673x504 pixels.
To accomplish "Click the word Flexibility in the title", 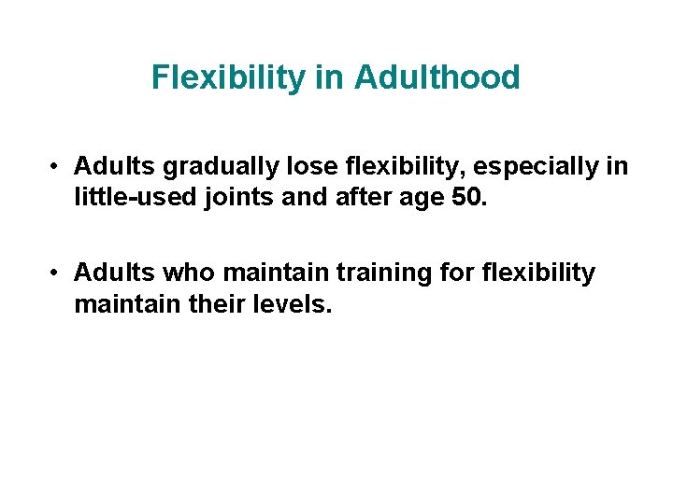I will (x=229, y=77).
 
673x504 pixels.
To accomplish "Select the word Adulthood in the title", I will (x=437, y=77).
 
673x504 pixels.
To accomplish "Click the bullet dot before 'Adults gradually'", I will (x=57, y=168).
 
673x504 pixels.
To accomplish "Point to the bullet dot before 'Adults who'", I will (x=57, y=273).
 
